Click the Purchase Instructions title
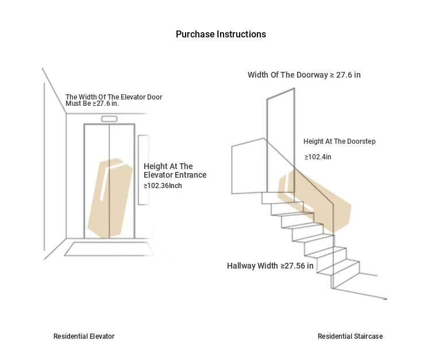click(221, 35)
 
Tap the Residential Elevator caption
click(84, 336)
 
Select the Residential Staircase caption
click(350, 336)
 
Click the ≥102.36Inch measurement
click(163, 186)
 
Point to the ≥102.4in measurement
click(318, 157)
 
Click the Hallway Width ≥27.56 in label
click(270, 266)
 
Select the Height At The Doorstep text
click(340, 141)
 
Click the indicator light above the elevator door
click(109, 119)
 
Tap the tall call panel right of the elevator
click(143, 170)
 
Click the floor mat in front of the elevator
click(109, 249)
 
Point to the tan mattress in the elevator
click(110, 198)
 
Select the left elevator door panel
click(97, 181)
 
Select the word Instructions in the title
click(241, 35)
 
